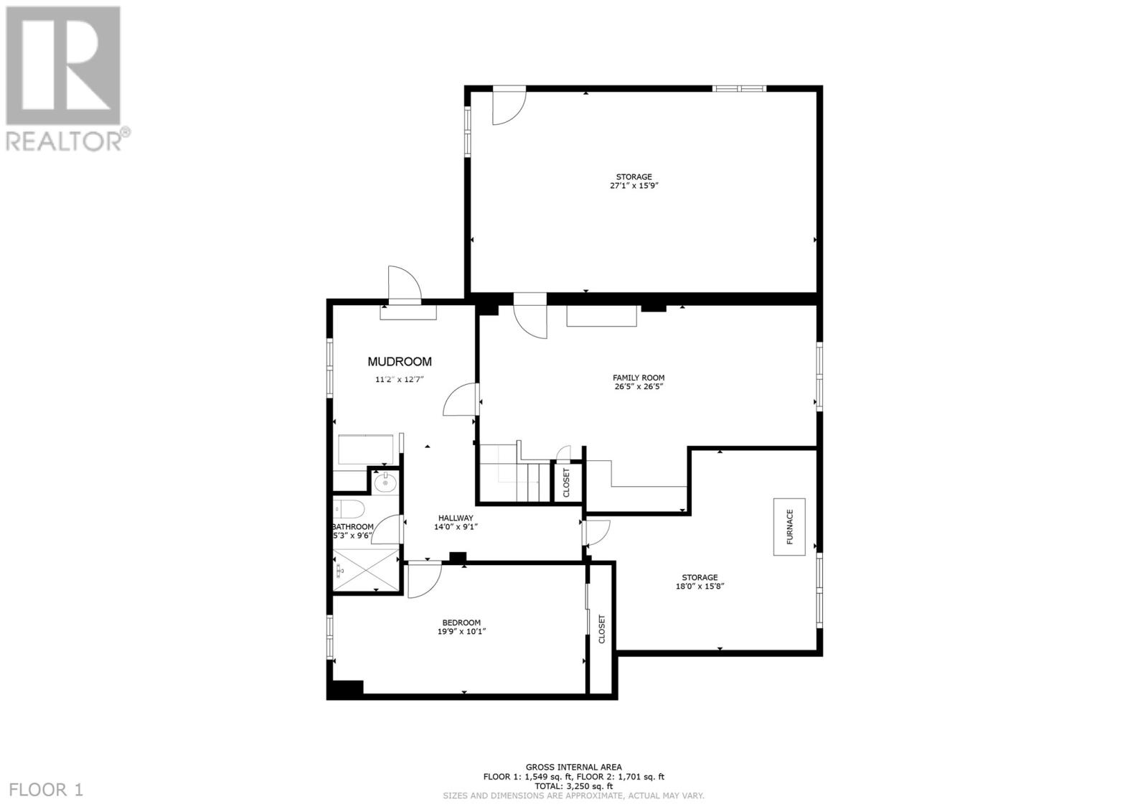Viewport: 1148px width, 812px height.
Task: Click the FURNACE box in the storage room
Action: click(x=789, y=526)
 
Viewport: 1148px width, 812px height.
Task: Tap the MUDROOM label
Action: click(x=400, y=362)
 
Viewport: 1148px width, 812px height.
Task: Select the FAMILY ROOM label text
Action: click(x=638, y=378)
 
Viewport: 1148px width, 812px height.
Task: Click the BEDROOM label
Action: click(x=461, y=622)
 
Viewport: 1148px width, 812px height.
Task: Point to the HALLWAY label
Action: click(x=456, y=518)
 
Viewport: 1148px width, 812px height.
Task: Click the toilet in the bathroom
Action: click(x=350, y=510)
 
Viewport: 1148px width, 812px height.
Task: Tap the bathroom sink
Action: click(x=385, y=482)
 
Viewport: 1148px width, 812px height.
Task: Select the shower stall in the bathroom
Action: click(x=366, y=569)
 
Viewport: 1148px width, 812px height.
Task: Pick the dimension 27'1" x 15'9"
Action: click(x=634, y=186)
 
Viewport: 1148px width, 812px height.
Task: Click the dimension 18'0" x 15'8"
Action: click(x=700, y=587)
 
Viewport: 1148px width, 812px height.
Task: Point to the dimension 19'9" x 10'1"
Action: click(x=461, y=632)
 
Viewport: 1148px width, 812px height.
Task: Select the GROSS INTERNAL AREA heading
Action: click(x=573, y=767)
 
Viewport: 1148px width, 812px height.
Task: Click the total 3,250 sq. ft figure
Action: click(x=573, y=785)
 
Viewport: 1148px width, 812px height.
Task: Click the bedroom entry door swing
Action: click(x=423, y=579)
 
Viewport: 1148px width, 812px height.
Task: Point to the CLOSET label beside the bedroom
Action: click(x=602, y=629)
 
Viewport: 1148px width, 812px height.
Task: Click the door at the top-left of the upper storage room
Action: click(x=508, y=106)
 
